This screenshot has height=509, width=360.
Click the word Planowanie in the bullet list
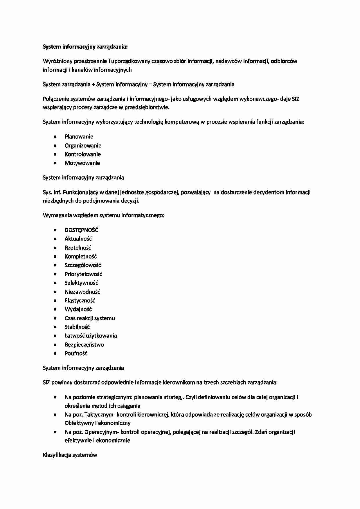[x=79, y=136]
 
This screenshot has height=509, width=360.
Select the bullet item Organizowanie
[x=83, y=145]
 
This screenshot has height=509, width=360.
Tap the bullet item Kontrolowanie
[x=82, y=154]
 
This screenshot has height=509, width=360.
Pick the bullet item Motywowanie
[x=82, y=163]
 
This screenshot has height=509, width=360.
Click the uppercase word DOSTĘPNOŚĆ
[x=81, y=230]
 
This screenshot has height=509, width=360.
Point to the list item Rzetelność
[x=78, y=248]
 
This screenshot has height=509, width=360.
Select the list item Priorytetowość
[x=83, y=274]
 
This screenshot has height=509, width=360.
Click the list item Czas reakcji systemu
[x=89, y=318]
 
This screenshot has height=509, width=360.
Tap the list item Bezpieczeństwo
[x=84, y=344]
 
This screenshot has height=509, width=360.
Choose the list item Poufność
[x=76, y=353]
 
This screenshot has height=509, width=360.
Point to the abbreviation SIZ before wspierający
[x=295, y=99]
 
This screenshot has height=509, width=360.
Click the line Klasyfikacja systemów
[x=70, y=455]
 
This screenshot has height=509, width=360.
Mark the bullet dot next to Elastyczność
[x=55, y=300]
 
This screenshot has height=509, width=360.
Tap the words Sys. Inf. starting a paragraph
[x=52, y=192]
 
